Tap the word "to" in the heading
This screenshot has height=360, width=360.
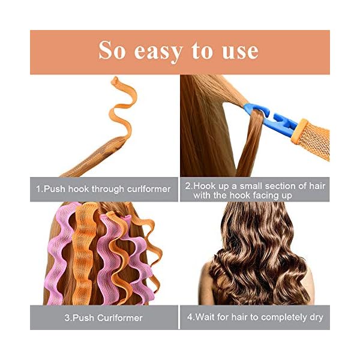point(203,52)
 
